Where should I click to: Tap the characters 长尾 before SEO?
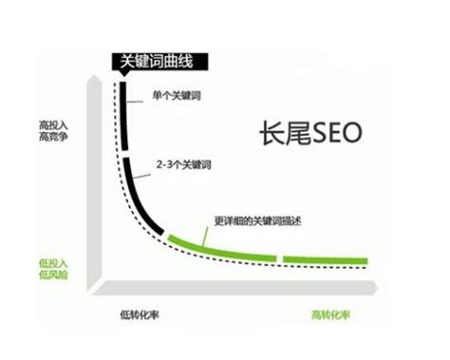[276, 132]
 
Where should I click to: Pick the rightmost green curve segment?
[323, 258]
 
